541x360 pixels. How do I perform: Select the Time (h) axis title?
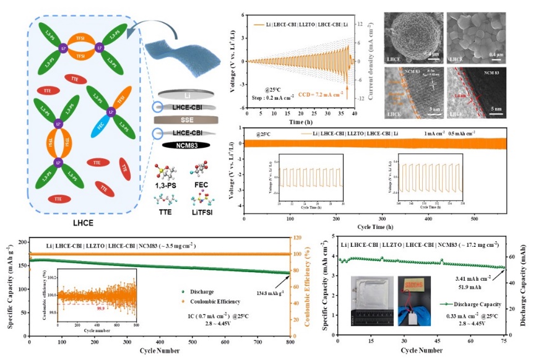coord(303,122)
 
